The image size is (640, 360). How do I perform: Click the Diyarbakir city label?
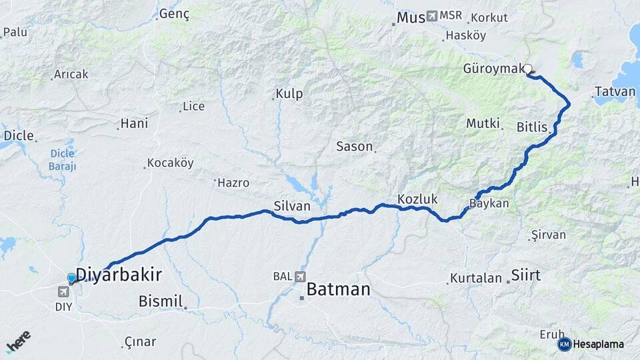119,275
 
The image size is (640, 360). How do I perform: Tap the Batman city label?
338,289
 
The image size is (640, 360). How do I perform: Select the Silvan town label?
292,207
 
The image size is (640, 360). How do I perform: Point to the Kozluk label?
417,199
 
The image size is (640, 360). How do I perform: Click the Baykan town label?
489,204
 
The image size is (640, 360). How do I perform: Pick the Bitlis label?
531,127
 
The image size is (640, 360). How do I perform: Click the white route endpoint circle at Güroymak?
528,69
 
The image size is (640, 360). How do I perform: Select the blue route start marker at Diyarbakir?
71,277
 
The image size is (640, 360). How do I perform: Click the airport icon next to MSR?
432,15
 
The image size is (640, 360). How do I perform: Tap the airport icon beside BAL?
299,276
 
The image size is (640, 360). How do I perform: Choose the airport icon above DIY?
63,291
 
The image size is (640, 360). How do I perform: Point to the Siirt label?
525,275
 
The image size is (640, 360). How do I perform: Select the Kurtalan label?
476,278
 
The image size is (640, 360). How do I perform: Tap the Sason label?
354,146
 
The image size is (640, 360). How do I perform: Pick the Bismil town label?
161,301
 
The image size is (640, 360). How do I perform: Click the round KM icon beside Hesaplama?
564,344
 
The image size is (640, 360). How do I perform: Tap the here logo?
18,341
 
